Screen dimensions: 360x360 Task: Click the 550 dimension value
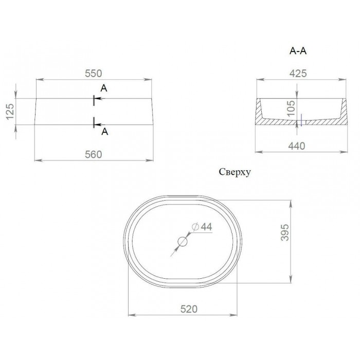pyautogui.click(x=93, y=74)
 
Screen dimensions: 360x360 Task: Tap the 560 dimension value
pyautogui.click(x=93, y=154)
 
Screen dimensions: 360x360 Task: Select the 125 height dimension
pyautogui.click(x=10, y=112)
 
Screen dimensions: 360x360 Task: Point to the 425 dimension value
pyautogui.click(x=298, y=74)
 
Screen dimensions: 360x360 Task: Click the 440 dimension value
pyautogui.click(x=297, y=146)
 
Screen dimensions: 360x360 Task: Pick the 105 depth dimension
pyautogui.click(x=291, y=109)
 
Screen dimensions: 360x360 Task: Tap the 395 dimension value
pyautogui.click(x=285, y=232)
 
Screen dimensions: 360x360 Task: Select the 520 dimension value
pyautogui.click(x=189, y=309)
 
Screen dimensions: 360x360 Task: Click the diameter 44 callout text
pyautogui.click(x=202, y=227)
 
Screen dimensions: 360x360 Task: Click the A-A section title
pyautogui.click(x=298, y=51)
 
